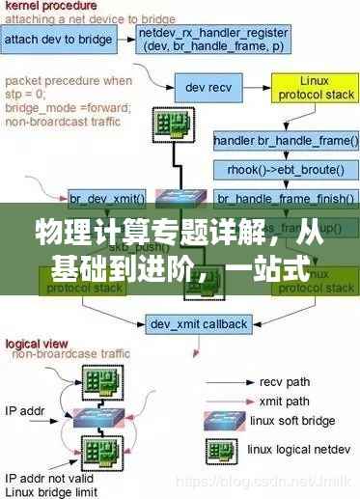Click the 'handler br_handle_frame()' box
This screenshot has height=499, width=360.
pyautogui.click(x=286, y=141)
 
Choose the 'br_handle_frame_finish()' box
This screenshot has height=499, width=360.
pyautogui.click(x=286, y=200)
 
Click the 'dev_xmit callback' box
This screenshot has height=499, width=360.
pyautogui.click(x=198, y=323)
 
